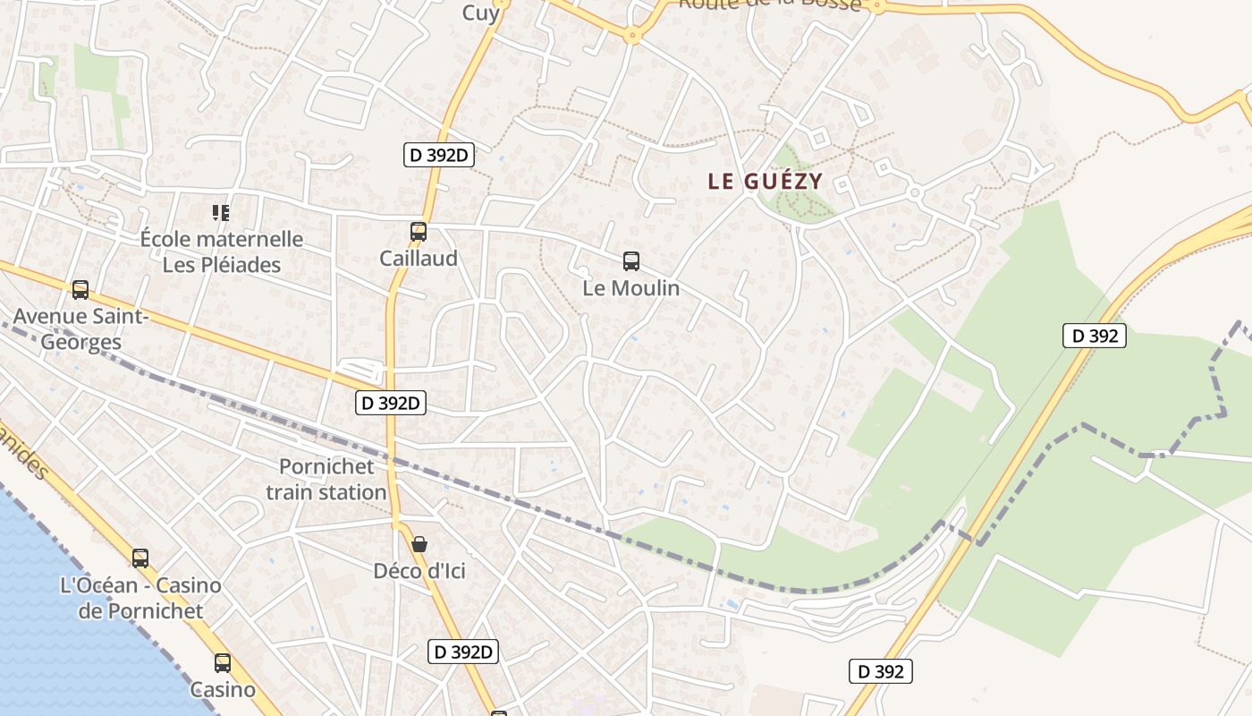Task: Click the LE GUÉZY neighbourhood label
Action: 765,182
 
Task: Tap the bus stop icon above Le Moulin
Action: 631,261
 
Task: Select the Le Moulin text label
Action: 631,288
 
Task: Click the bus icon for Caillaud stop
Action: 418,232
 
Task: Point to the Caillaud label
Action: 418,259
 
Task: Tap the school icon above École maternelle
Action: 221,212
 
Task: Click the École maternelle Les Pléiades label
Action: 222,252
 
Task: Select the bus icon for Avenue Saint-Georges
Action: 80,290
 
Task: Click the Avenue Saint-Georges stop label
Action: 80,328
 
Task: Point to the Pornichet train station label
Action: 326,479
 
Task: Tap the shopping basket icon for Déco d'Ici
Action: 419,544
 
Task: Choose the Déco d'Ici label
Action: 419,571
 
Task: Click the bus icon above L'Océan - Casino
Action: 140,558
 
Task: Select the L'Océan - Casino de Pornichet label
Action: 140,598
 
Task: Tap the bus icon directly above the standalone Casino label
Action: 223,663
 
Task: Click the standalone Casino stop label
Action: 223,690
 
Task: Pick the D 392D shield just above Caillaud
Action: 438,156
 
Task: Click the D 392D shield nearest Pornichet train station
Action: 391,404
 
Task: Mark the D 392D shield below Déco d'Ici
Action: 463,652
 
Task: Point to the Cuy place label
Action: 481,13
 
